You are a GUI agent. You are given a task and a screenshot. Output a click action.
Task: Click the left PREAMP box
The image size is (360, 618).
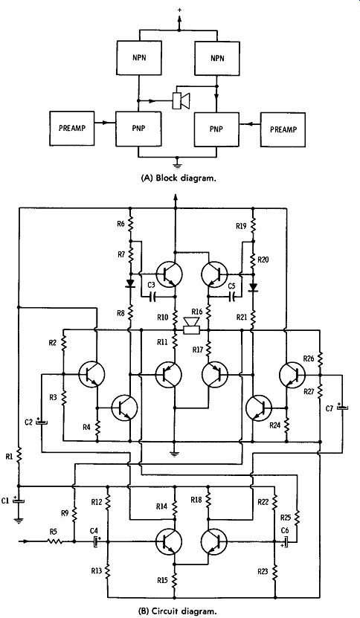(71, 128)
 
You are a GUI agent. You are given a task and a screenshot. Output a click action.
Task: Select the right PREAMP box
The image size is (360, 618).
(283, 129)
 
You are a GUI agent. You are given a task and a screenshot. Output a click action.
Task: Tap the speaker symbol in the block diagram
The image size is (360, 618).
(181, 100)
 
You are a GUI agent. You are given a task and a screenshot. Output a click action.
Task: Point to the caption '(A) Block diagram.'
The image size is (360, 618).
(179, 178)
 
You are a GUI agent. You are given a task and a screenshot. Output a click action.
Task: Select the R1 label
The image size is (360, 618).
(9, 457)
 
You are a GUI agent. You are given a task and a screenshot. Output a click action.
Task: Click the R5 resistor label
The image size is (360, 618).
(54, 532)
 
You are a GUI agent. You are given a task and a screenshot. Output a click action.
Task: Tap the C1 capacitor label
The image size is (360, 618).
(5, 500)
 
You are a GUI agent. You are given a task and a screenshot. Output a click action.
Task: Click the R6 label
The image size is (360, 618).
(120, 224)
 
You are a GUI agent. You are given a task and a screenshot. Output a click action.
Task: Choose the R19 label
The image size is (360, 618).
(241, 226)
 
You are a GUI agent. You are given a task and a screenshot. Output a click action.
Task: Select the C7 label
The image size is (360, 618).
(330, 409)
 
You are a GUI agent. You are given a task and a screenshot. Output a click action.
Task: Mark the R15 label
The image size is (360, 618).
(162, 579)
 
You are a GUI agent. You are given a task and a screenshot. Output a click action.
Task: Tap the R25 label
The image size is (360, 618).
(286, 517)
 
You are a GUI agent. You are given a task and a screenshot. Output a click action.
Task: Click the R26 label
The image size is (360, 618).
(309, 358)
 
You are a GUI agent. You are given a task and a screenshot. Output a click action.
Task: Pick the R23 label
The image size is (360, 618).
(263, 570)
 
